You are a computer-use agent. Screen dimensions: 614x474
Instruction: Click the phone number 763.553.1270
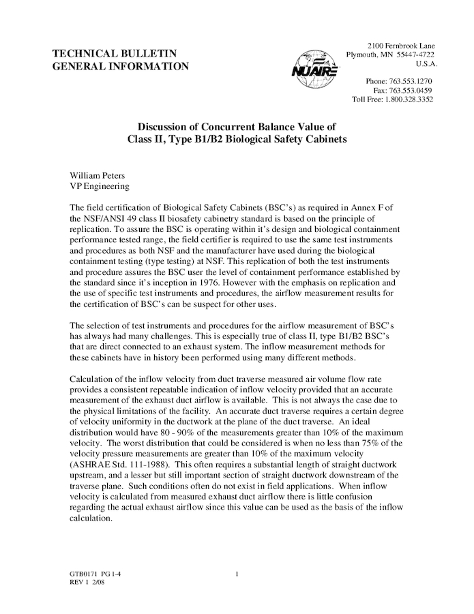pos(412,82)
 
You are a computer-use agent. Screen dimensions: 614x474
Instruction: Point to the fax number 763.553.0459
pos(412,91)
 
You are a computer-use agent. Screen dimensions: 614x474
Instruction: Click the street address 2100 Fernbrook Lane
pos(401,45)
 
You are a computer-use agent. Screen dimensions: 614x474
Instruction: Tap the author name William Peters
pos(98,176)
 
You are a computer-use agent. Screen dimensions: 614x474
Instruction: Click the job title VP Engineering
pos(100,186)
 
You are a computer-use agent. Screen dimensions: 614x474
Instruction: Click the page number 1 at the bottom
pos(236,575)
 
